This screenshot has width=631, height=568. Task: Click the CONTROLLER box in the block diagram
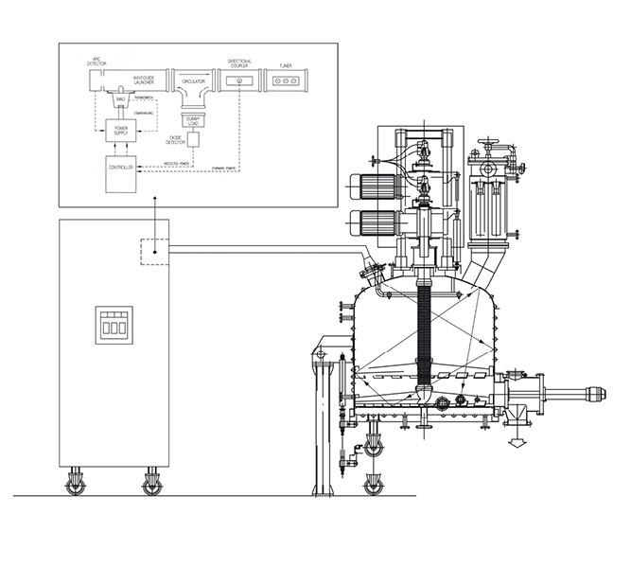120,169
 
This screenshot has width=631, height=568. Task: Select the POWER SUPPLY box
121,132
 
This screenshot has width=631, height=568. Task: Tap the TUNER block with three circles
285,82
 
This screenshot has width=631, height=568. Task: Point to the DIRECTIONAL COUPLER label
239,62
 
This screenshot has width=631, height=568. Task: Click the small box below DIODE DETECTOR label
195,139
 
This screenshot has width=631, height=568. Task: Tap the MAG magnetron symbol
120,100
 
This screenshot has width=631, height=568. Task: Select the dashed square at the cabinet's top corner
154,251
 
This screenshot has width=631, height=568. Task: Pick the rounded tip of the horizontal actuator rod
595,393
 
